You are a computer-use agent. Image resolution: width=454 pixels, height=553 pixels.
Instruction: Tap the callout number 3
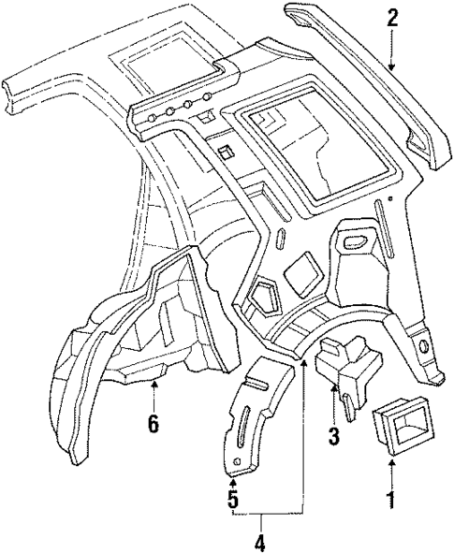pos(334,436)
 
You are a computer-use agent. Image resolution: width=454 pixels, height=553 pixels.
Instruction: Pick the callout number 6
pos(153,423)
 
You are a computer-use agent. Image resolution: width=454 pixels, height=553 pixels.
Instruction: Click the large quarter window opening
pos(314,150)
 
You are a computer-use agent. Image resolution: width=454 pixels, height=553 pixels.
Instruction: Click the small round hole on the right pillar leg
pos(426,348)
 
